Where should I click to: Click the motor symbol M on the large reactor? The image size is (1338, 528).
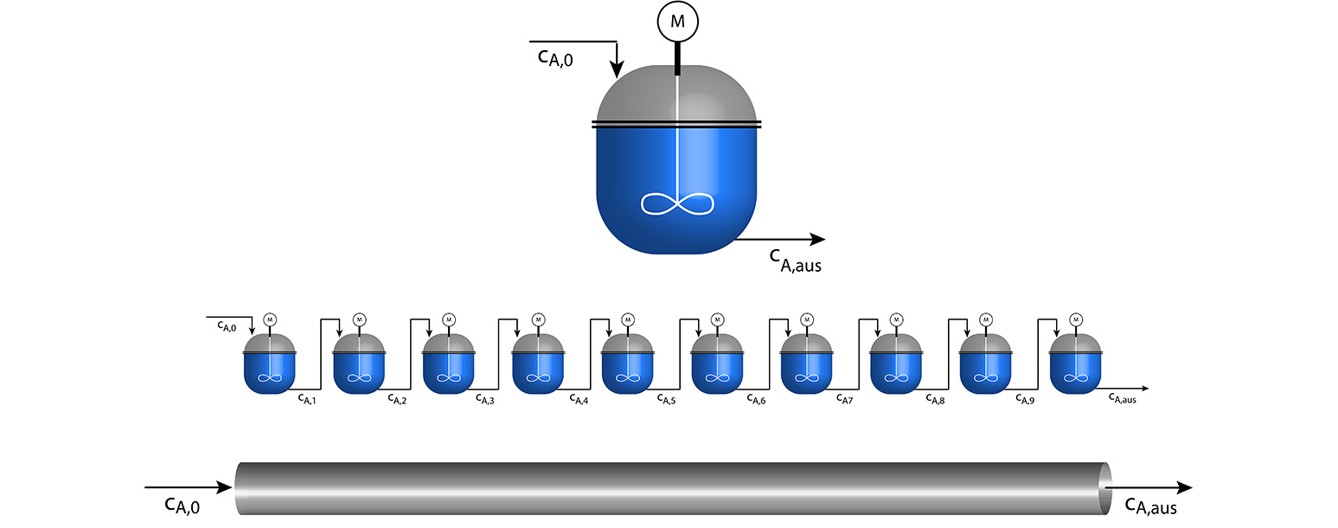[x=677, y=22]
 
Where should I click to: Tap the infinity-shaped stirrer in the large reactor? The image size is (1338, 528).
[x=677, y=204]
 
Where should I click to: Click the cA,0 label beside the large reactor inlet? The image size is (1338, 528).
[x=555, y=59]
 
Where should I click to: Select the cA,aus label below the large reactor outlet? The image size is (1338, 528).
[x=795, y=261]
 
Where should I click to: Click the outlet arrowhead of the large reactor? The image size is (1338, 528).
[x=817, y=239]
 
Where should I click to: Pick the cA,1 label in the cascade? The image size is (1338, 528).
[x=307, y=399]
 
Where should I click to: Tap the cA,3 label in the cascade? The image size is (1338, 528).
[x=485, y=399]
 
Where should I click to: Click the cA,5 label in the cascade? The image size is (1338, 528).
[x=666, y=399]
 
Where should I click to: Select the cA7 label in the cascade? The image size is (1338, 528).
[x=845, y=399]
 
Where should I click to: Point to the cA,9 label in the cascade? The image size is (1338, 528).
[x=1025, y=399]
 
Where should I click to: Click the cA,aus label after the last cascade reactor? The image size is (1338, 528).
[x=1123, y=398]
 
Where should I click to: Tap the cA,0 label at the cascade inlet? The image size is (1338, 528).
[x=227, y=326]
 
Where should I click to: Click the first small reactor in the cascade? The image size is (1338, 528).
[x=269, y=363]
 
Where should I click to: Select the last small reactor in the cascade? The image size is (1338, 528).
[x=1075, y=363]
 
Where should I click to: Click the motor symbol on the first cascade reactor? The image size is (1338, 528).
[x=270, y=320]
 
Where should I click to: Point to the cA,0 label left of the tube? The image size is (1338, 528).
[x=182, y=505]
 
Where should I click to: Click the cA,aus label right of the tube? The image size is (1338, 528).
[x=1150, y=505]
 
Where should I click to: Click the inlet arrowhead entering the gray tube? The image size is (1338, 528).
[x=224, y=487]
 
